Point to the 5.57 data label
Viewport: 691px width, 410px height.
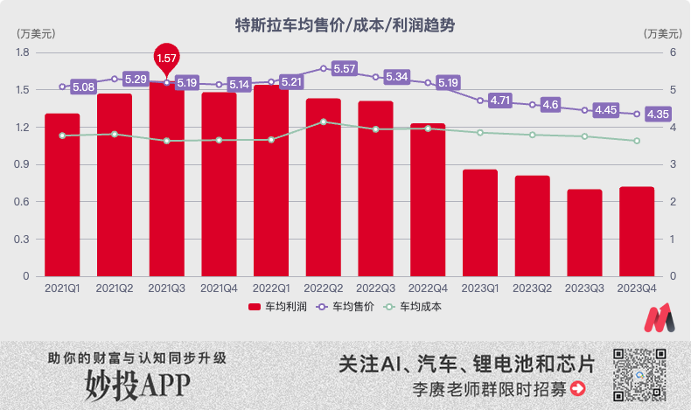pos(345,68)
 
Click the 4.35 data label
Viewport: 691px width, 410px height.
pos(658,114)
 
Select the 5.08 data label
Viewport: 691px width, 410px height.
pos(84,87)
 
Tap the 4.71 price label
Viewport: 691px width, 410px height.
pos(500,101)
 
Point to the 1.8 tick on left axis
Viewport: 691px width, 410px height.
pos(23,52)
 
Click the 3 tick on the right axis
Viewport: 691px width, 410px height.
pos(649,164)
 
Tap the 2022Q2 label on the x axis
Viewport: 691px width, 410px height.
pos(323,288)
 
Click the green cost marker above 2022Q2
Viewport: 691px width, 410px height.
pos(324,122)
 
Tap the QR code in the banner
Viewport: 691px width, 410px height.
pos(639,373)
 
